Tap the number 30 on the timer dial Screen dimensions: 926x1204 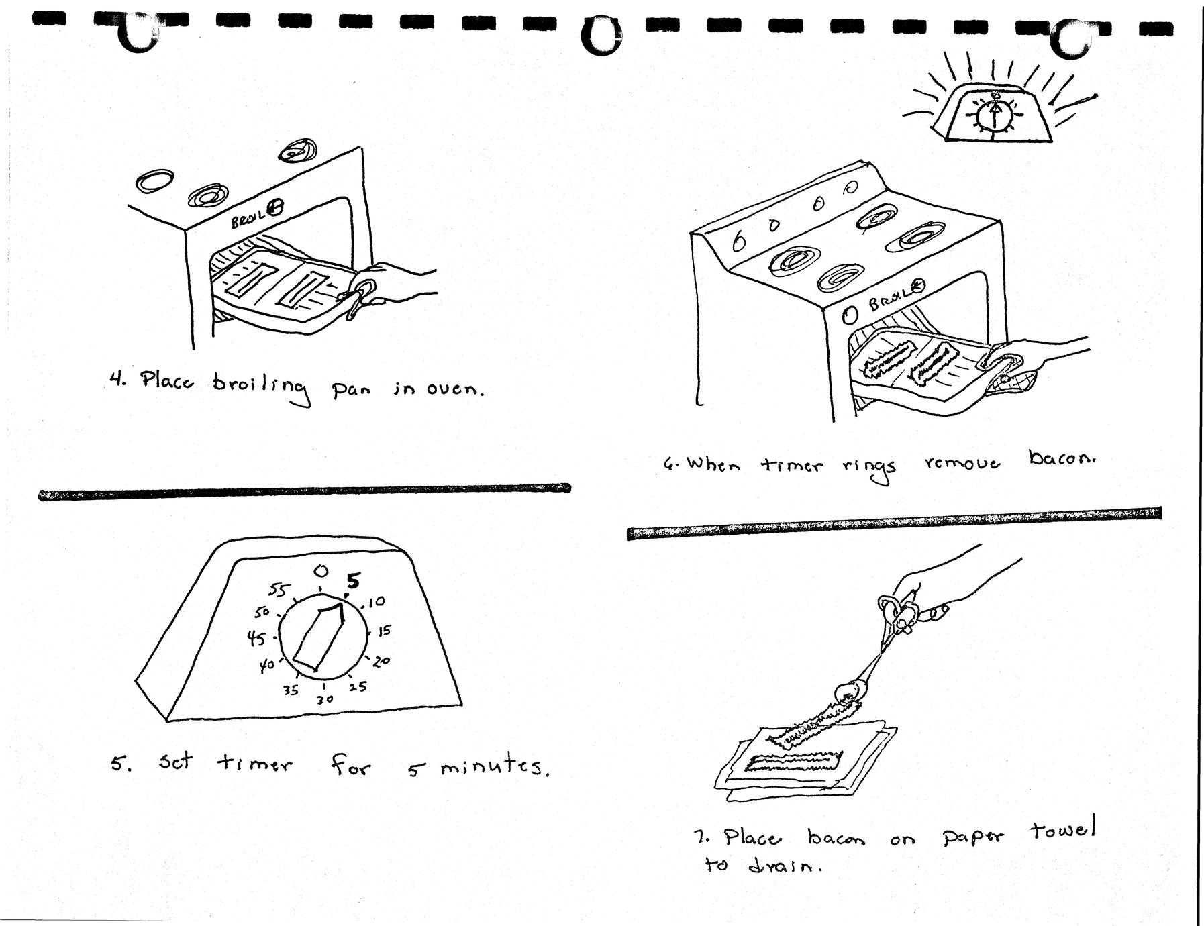(x=325, y=699)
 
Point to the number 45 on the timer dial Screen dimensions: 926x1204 (x=256, y=638)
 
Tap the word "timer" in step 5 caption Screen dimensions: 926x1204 (x=254, y=763)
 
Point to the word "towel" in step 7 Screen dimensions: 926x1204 (x=1062, y=831)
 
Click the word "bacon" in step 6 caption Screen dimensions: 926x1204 (x=1061, y=460)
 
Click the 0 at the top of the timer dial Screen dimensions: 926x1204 (x=321, y=571)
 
